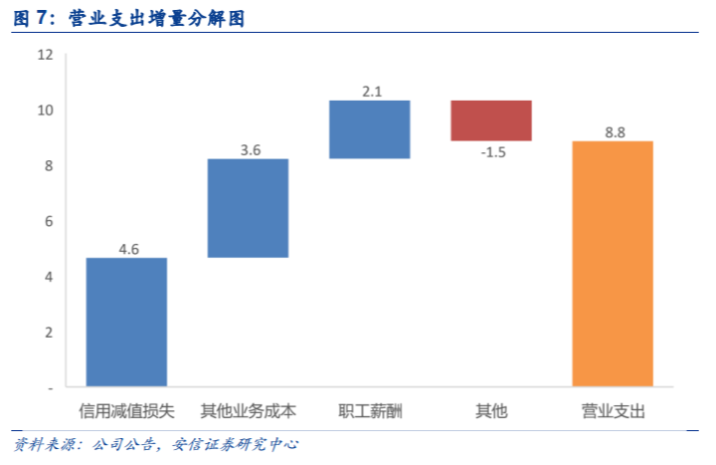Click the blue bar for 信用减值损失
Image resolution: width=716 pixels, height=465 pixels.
point(126,322)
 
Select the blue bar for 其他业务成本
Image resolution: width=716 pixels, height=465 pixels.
point(248,208)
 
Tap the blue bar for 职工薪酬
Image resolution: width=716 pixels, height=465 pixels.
point(369,129)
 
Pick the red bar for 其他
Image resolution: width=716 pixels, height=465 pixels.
point(490,120)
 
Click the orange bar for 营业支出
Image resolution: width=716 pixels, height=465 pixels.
point(613,263)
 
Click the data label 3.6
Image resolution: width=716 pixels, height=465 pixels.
point(250,150)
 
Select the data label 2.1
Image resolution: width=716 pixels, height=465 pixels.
point(372,92)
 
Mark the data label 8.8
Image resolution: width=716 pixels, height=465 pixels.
point(615,131)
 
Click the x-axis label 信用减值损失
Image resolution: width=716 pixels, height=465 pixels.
point(126,410)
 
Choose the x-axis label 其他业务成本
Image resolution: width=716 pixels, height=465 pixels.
point(248,410)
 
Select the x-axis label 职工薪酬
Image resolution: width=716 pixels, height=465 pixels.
point(369,410)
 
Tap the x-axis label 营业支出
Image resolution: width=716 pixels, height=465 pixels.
point(613,410)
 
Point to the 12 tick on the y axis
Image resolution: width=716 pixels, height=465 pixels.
point(45,54)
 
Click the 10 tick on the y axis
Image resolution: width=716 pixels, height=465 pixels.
point(45,110)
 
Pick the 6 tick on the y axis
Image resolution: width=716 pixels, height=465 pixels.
point(48,220)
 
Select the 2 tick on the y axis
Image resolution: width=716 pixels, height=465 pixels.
point(48,331)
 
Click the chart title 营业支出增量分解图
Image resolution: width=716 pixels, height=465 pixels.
point(157,18)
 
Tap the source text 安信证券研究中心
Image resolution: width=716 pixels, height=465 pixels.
point(236,444)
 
